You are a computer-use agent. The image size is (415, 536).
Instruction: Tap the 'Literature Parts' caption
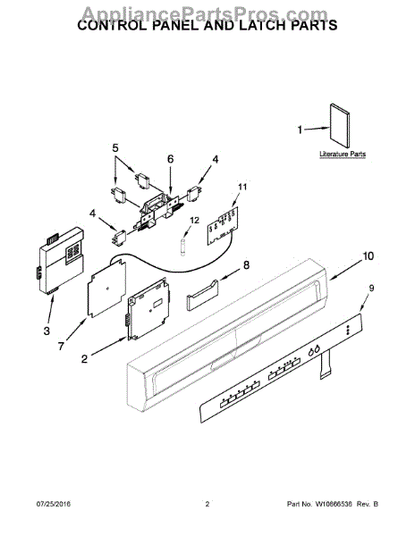pos(343,155)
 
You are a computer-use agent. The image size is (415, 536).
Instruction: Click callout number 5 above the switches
pos(115,147)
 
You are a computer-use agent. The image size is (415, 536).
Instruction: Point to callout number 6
pos(171,158)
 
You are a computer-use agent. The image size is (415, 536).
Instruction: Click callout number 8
pos(248,265)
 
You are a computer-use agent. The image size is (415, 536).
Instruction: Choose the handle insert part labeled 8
pos(203,294)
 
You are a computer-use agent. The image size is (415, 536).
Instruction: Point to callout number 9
pos(372,288)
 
